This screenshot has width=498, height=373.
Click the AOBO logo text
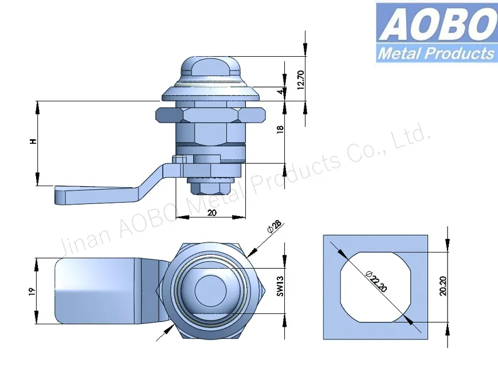tap(435, 24)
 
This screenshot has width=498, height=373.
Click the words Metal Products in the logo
tap(436, 54)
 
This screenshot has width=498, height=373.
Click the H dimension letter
tap(34, 142)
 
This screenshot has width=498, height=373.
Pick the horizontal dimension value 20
tap(211, 212)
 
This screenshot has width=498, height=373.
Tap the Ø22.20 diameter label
tap(375, 280)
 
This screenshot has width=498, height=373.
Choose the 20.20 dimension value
tap(442, 285)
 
